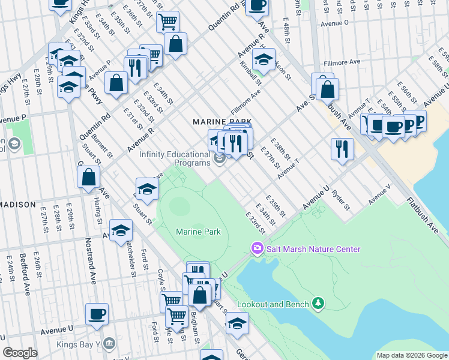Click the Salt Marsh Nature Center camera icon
257,248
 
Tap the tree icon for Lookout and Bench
319,304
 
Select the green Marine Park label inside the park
198,232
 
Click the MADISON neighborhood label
18,205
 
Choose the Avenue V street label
379,196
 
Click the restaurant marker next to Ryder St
342,148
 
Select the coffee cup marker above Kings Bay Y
97,314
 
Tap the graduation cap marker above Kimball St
263,59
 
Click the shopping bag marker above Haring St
88,177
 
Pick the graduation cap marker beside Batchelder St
121,230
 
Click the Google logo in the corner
20,353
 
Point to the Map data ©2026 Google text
411,355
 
